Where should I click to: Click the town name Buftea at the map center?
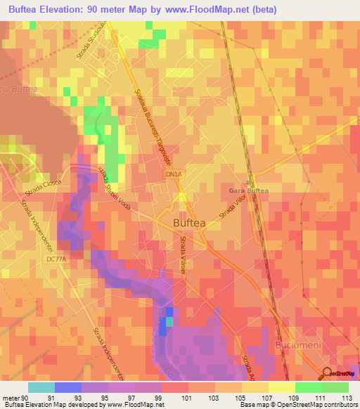tap(189, 223)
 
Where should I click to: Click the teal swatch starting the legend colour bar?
tap(41, 387)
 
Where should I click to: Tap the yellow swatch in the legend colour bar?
tap(281, 387)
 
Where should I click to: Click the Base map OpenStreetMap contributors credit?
tap(297, 405)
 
